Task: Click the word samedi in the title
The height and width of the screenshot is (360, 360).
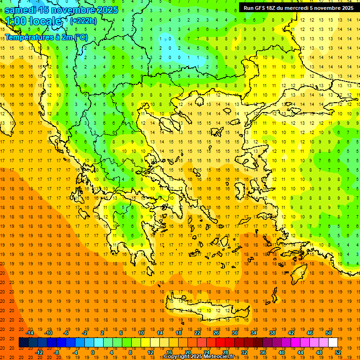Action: click(x=21, y=10)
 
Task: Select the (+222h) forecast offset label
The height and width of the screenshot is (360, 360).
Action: click(x=83, y=21)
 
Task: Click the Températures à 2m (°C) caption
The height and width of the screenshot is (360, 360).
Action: click(x=46, y=37)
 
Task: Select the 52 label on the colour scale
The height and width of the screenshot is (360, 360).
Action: click(x=338, y=352)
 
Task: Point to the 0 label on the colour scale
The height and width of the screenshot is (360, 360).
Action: click(x=93, y=352)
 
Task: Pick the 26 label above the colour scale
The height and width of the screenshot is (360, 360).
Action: click(x=216, y=333)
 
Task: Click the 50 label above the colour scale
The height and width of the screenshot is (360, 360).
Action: click(x=329, y=333)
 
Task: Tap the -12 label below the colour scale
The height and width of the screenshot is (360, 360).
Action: click(x=39, y=352)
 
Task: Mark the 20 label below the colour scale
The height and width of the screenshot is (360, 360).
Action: click(x=187, y=352)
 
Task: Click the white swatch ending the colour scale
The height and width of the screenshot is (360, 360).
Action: click(x=333, y=342)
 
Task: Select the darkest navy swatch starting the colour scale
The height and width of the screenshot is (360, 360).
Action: click(x=23, y=342)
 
